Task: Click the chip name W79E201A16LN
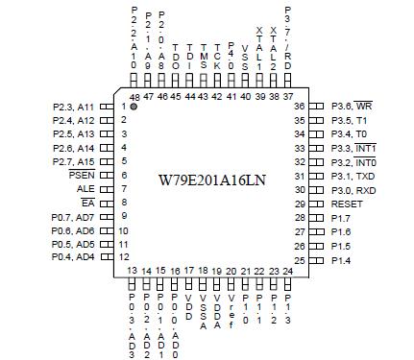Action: pyautogui.click(x=212, y=180)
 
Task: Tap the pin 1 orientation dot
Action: pyautogui.click(x=134, y=106)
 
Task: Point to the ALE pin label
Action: pyautogui.click(x=85, y=189)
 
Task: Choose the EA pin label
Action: pyautogui.click(x=86, y=204)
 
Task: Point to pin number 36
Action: pyautogui.click(x=298, y=107)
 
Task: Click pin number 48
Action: pyautogui.click(x=133, y=97)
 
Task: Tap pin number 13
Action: pyautogui.click(x=133, y=272)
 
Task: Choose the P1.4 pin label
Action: pyautogui.click(x=341, y=260)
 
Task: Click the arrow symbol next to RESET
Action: pyautogui.click(x=317, y=204)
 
